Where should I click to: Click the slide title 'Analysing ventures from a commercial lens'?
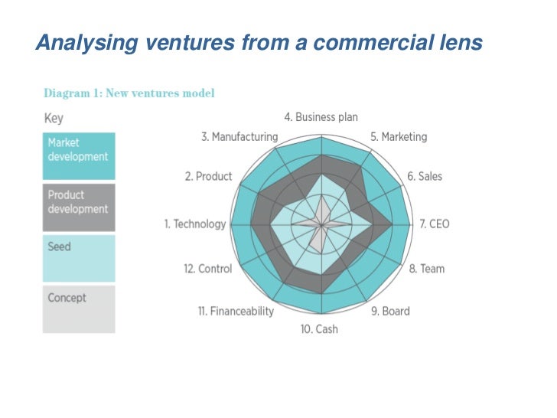tap(259, 43)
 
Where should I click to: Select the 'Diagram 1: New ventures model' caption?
tap(129, 93)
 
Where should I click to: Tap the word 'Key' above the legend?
tap(54, 119)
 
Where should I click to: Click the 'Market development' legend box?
tap(79, 156)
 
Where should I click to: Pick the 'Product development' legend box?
tap(79, 207)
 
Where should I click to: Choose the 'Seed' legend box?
tap(79, 258)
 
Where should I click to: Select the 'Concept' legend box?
tap(79, 309)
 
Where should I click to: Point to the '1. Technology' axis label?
tap(195, 224)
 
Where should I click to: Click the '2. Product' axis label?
tap(208, 177)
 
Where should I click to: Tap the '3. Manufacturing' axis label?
tap(239, 137)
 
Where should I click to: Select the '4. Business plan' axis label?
tap(321, 117)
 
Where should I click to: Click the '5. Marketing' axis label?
tap(399, 137)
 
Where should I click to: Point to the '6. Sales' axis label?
tap(425, 177)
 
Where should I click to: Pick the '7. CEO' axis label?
tap(435, 224)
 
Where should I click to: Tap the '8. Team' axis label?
tap(426, 269)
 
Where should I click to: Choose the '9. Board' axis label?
tap(390, 311)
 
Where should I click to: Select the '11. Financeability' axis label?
tap(236, 311)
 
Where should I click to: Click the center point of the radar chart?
tap(321, 224)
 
